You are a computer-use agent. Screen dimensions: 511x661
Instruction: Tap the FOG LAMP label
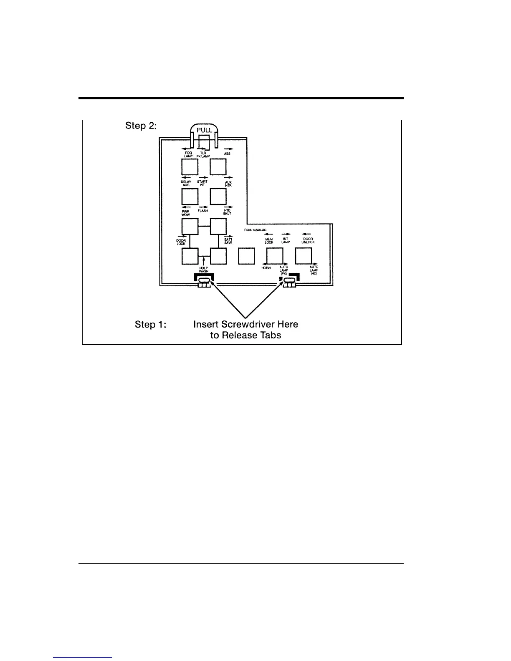189,155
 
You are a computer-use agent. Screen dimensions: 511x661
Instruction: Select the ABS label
227,154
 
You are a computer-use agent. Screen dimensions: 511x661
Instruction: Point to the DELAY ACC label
186,183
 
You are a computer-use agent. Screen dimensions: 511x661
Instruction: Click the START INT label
202,183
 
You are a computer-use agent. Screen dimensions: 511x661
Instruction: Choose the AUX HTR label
228,184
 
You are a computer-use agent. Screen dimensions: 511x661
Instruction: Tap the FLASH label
203,211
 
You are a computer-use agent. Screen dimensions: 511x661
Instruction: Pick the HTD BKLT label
228,212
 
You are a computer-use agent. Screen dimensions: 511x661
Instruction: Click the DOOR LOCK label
181,242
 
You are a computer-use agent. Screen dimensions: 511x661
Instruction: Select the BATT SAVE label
228,241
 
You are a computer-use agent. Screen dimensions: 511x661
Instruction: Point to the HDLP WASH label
203,270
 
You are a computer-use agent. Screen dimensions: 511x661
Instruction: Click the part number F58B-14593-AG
255,230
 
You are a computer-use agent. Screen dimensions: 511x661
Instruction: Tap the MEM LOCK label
269,241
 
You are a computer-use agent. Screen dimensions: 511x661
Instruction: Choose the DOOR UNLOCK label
308,241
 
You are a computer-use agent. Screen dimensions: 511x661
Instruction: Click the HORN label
266,268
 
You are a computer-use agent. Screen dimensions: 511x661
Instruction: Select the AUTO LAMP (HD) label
314,270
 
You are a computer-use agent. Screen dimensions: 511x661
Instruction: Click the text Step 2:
141,126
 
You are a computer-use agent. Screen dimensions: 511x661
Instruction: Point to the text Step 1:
150,324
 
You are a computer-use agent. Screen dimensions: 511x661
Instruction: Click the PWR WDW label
186,212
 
